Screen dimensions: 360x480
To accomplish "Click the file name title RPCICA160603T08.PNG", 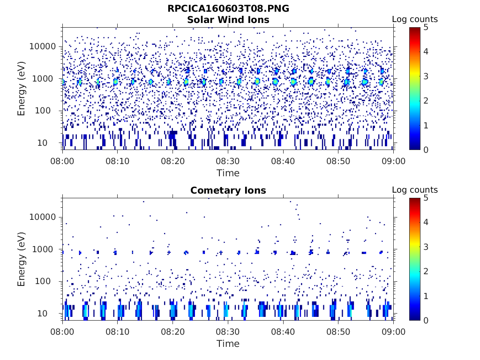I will pos(228,9).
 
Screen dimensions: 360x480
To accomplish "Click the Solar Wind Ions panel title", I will pos(228,20).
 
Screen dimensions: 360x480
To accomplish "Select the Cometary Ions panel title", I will pos(228,190).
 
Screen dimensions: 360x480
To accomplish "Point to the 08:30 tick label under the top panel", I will pos(228,161).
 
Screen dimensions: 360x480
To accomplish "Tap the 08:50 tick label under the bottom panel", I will pos(338,332).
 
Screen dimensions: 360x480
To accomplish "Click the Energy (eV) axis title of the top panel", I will pos(22,89).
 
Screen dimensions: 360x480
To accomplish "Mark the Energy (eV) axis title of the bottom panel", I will pos(22,259).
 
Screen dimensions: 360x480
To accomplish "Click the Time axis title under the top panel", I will pos(228,173).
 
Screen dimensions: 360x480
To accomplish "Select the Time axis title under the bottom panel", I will pos(228,344).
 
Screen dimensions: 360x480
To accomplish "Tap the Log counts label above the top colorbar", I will pos(415,19).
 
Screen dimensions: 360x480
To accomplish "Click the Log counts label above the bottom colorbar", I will pos(415,190).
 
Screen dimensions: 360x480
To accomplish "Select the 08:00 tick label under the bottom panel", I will pos(63,332).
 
